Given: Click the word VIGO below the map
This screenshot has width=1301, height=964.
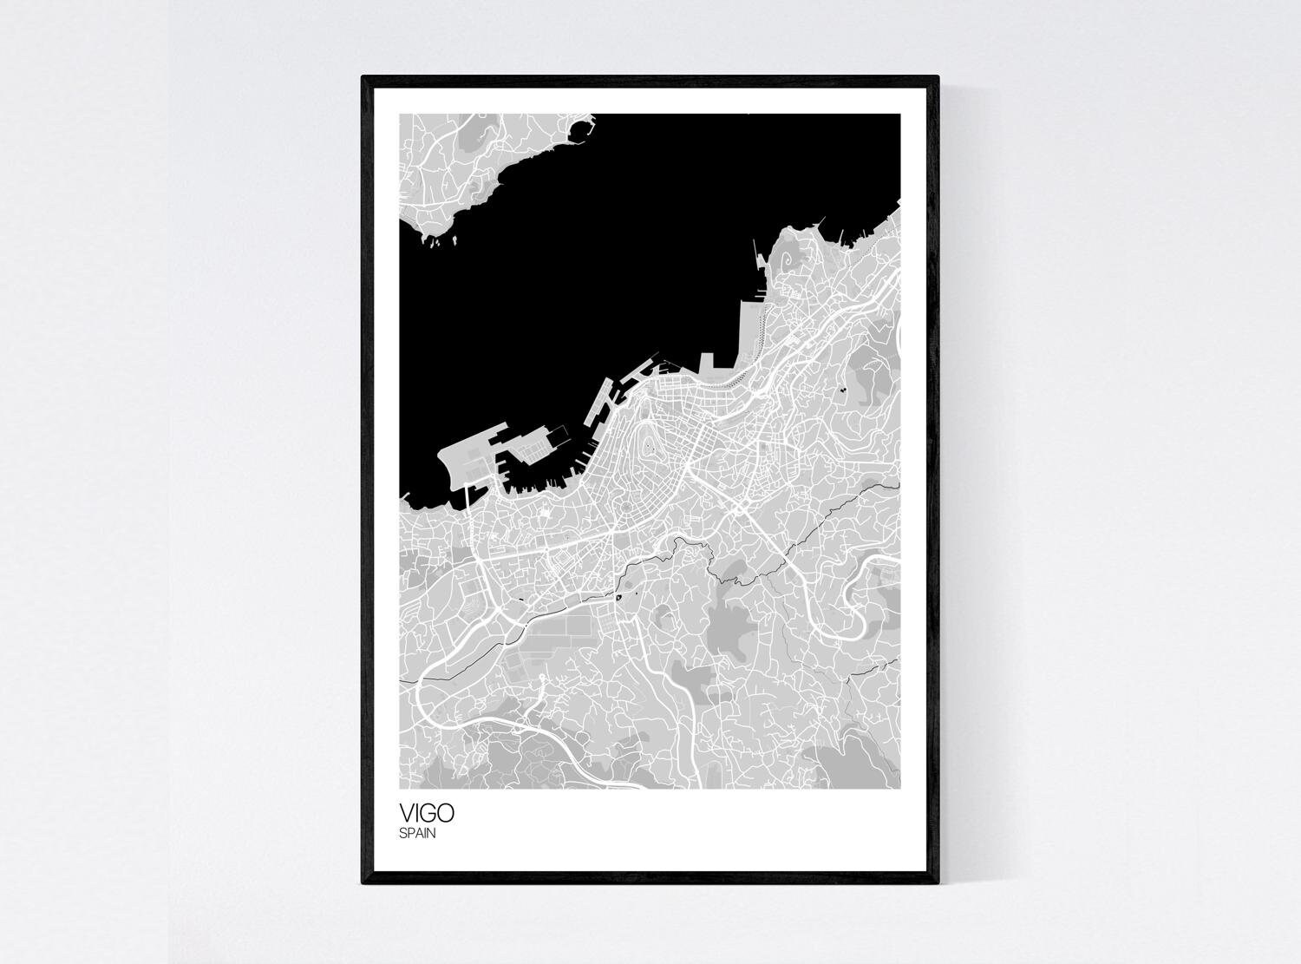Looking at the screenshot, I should pos(426,814).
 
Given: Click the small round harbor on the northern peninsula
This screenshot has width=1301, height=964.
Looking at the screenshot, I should pos(579,130).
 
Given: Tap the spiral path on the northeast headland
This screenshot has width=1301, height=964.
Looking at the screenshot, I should pos(786,260).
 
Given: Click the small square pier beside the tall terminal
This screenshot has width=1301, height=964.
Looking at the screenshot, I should pos(707,361).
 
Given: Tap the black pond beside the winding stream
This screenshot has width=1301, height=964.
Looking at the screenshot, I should pos(618,596).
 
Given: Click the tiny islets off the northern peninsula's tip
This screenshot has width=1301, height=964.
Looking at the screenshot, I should pos(434,242).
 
